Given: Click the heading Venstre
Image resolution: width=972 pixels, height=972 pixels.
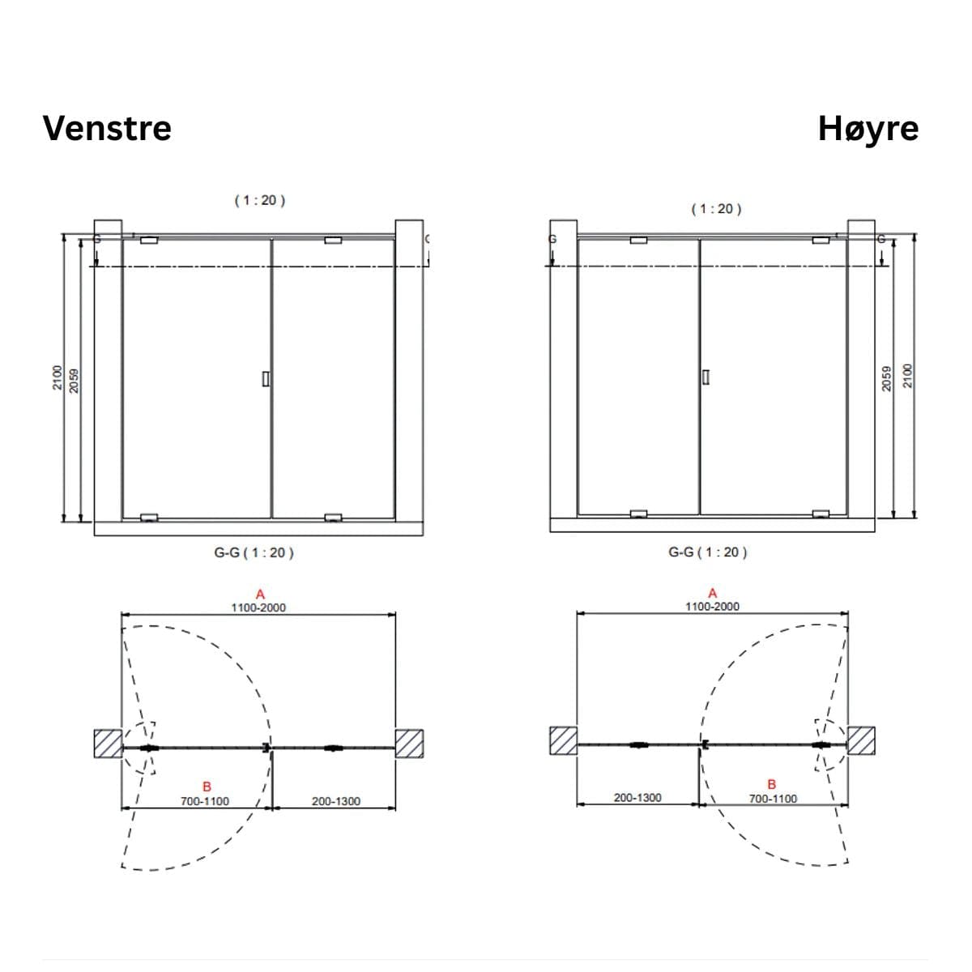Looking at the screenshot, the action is [x=107, y=128].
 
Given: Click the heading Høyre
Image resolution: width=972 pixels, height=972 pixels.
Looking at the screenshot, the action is [x=868, y=130].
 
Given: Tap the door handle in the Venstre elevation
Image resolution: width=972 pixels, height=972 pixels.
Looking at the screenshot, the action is [x=266, y=379].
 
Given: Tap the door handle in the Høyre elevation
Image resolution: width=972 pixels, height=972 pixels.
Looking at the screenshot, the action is [x=706, y=377].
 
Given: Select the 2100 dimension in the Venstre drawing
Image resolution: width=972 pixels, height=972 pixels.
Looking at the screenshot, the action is [x=58, y=377].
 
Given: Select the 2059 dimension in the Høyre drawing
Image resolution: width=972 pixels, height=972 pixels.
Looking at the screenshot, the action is [x=886, y=378].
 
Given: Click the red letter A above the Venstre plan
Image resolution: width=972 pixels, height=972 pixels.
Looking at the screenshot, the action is [x=260, y=595].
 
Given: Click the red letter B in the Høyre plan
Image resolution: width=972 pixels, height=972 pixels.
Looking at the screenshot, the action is [x=771, y=784].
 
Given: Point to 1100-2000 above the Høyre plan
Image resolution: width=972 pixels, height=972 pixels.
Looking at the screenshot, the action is [x=712, y=607].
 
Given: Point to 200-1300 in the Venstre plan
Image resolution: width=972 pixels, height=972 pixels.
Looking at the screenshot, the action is [x=336, y=801].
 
